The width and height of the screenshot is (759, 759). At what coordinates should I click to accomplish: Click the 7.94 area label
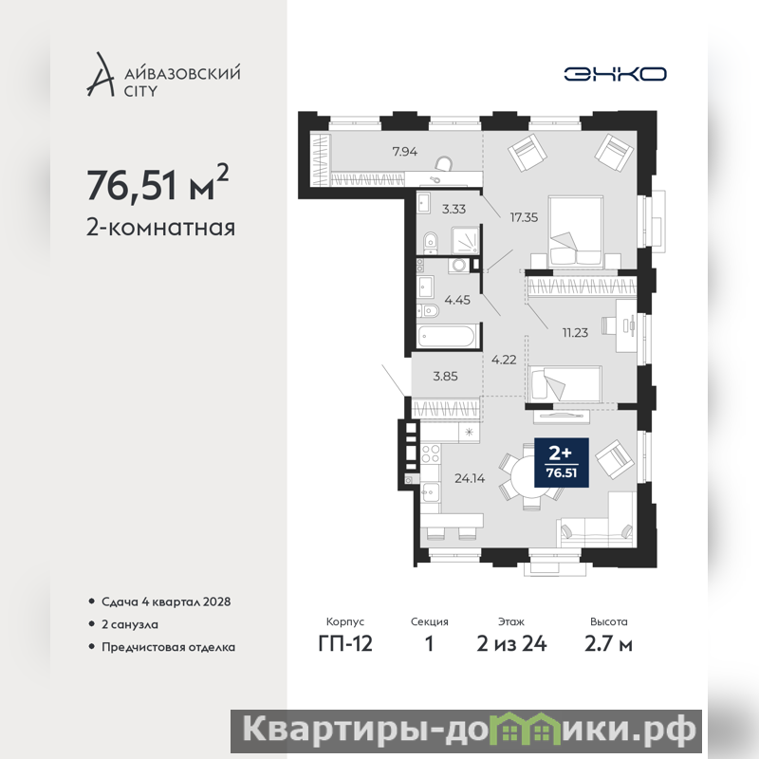tap(405, 152)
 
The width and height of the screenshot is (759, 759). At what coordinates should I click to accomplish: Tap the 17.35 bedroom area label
tap(524, 217)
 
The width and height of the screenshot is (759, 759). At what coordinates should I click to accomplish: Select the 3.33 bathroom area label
tap(454, 209)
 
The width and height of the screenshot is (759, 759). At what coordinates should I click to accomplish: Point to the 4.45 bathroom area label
tap(457, 300)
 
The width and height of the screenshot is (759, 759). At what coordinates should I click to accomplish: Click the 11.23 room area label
tap(575, 333)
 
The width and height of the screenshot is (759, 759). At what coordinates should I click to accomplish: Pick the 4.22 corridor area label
tap(504, 360)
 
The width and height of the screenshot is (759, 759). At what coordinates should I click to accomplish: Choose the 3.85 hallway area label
tap(445, 376)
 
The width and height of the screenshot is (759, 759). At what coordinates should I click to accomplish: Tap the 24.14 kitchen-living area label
tap(470, 478)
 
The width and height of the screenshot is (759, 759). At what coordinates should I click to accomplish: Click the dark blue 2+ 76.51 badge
tap(562, 462)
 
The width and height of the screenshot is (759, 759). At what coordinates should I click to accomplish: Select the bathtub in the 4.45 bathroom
tap(448, 336)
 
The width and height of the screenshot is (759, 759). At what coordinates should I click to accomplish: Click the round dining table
tap(531, 477)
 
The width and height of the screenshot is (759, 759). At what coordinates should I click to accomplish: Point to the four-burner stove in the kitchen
tap(431, 454)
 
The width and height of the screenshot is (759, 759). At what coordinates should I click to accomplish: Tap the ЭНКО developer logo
tap(615, 74)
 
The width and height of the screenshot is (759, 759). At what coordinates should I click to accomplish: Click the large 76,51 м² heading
tap(157, 183)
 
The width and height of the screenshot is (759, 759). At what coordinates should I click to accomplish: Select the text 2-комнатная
tap(160, 228)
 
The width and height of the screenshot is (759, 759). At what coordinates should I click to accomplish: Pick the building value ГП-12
tap(345, 644)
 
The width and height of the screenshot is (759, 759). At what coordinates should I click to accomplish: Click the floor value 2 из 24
tap(511, 644)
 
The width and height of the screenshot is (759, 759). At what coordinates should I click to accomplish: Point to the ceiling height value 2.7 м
tap(608, 644)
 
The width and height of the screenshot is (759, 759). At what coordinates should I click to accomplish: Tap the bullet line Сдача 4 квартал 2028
tap(166, 602)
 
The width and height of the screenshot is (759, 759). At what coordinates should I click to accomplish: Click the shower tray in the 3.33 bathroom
tap(465, 240)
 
